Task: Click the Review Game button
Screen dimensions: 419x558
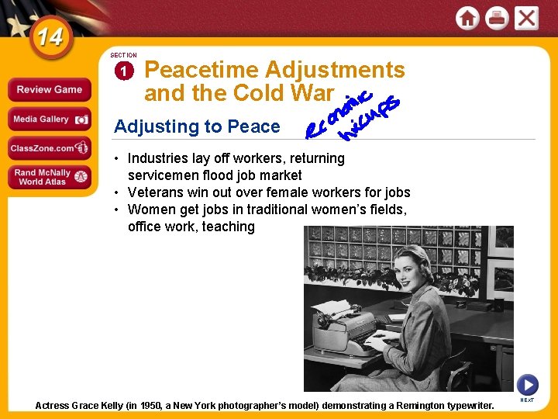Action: (49, 90)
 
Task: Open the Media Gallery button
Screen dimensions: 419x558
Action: (49, 119)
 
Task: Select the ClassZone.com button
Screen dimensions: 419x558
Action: (49, 147)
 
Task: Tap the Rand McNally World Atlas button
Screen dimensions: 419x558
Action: (49, 177)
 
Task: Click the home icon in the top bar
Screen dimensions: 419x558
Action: (468, 18)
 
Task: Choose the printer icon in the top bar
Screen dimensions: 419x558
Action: (497, 18)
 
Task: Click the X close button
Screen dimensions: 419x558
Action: (526, 18)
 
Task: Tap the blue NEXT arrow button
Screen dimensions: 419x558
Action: (527, 384)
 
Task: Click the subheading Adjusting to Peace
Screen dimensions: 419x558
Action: (197, 126)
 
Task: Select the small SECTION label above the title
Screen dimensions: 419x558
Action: (123, 56)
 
